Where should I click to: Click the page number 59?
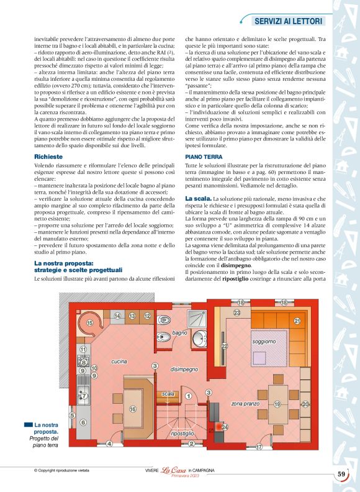(341, 475)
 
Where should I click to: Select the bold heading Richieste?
(49, 158)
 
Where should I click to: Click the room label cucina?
(119, 362)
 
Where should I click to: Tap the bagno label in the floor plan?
(180, 333)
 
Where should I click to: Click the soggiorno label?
(264, 342)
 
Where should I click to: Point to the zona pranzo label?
(245, 404)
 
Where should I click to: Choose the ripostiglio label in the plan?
(182, 433)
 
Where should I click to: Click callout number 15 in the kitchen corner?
(90, 323)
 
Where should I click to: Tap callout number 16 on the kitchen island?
(133, 409)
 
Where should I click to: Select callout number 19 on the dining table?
(277, 404)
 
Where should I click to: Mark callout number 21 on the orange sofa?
(297, 321)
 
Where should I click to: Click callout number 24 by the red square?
(225, 427)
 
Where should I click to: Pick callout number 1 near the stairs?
(187, 396)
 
